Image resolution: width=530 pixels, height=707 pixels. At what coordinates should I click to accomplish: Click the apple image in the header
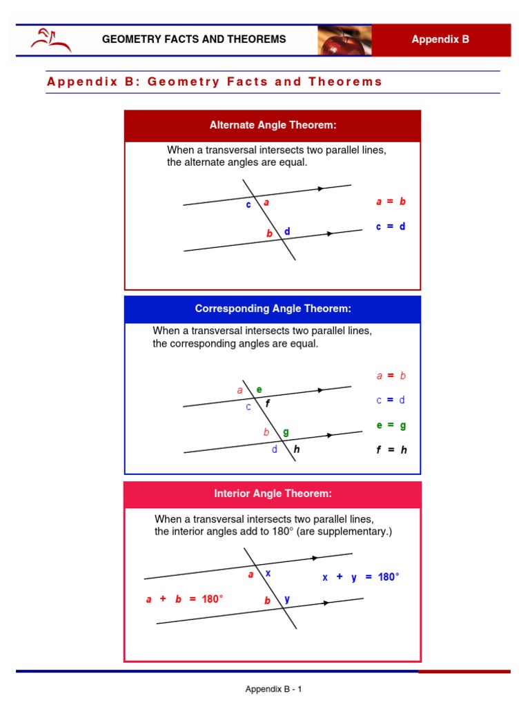pos(344,40)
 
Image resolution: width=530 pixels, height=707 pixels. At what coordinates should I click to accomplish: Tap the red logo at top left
pos(50,40)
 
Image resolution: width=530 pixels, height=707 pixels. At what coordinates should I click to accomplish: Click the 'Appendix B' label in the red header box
pos(440,39)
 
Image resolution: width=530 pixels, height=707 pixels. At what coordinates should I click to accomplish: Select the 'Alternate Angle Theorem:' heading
pos(273,125)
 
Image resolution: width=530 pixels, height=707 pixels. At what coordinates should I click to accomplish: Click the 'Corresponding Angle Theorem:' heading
pos(273,309)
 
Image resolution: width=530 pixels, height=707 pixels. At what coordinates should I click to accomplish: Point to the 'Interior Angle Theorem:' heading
pos(273,494)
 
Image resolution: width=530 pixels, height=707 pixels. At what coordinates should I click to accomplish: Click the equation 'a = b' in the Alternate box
pos(391,202)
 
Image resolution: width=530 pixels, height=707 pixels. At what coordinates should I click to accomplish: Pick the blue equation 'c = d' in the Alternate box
pos(391,226)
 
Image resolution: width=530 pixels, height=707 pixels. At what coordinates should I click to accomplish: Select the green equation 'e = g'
pos(391,425)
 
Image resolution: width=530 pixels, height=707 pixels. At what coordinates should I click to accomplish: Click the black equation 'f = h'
pos(391,449)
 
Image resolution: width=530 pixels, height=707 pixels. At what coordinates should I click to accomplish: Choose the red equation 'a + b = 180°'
pos(184,599)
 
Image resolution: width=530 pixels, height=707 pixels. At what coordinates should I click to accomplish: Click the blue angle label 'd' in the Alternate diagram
pos(287,231)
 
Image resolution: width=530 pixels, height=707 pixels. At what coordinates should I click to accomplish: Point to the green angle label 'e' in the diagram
pos(259,389)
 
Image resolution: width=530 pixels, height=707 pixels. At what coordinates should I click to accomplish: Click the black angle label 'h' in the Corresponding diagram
pos(296,449)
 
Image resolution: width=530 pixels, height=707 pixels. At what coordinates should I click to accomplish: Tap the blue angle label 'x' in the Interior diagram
pos(268,573)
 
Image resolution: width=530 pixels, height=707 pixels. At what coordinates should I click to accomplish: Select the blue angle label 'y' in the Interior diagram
pos(287,599)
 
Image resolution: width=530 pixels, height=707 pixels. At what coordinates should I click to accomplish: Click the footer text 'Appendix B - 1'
pos(274,689)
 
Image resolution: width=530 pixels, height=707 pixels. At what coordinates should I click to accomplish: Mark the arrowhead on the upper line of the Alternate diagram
pos(320,188)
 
